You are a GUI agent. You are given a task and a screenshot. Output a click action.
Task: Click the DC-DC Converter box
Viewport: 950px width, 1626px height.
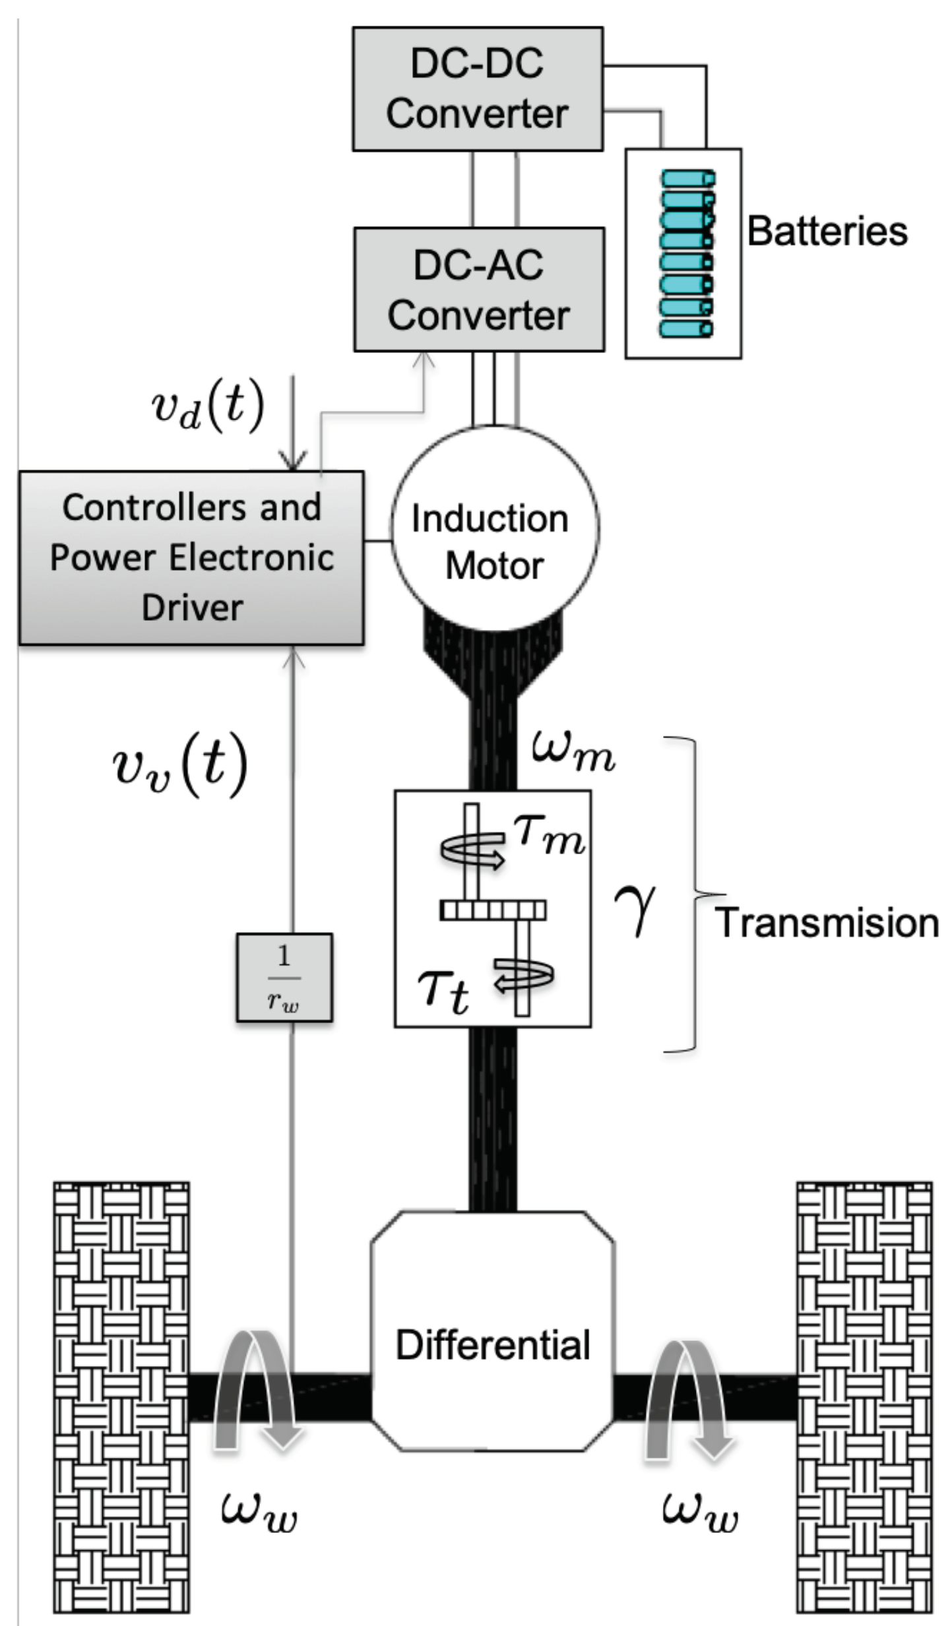coord(477,89)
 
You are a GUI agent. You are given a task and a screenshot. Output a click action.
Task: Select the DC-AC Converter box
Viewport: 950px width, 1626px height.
coord(478,290)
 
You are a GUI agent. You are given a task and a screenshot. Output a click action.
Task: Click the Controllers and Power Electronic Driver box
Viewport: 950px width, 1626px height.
coord(191,557)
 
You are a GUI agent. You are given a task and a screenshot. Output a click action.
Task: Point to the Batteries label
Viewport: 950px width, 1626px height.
coord(827,232)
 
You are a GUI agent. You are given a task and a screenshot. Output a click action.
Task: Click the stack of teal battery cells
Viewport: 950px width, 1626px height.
coord(687,254)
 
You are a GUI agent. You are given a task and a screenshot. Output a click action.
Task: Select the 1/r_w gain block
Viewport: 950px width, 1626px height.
coord(284,978)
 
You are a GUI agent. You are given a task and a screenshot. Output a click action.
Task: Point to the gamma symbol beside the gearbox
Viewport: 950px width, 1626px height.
coord(635,909)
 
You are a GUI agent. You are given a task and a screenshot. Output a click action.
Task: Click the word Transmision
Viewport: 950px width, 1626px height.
coord(827,923)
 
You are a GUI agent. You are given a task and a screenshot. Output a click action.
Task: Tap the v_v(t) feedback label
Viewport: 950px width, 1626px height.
coord(180,765)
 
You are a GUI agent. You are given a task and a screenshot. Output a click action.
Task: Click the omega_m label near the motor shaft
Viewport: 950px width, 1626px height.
coord(573,751)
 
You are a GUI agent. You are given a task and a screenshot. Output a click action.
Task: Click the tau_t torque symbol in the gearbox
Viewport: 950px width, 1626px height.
coord(443,991)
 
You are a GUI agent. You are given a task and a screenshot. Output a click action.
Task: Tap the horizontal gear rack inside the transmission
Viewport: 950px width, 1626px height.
coord(493,911)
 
